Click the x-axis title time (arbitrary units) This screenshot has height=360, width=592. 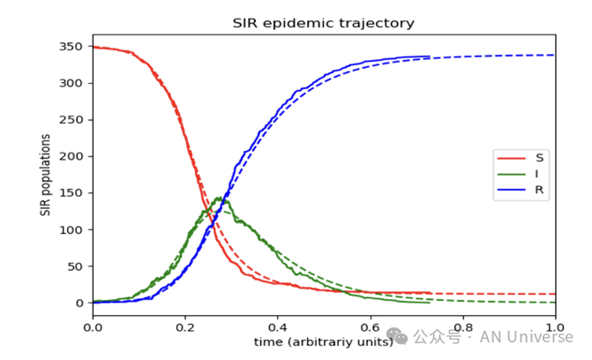[323, 341]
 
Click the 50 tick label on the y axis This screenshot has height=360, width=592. [76, 266]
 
